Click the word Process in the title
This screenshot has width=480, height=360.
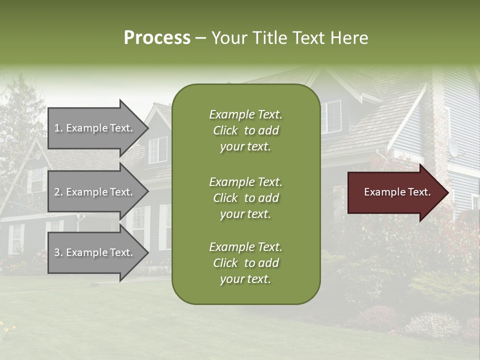[x=157, y=38]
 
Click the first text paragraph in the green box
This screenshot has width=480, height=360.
[x=245, y=130]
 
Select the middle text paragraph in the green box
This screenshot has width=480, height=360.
[x=245, y=198]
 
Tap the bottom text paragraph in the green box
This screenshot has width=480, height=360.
[x=245, y=263]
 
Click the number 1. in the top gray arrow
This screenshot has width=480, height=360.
[x=58, y=128]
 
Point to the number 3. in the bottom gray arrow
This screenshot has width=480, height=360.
[x=58, y=252]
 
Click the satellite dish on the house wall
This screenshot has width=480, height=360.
[x=453, y=147]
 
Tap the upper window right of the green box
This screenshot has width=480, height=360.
[x=330, y=116]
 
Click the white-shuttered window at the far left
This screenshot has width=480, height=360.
[x=16, y=238]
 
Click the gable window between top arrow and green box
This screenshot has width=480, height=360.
[x=158, y=149]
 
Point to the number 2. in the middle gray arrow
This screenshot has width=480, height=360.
[x=58, y=192]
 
